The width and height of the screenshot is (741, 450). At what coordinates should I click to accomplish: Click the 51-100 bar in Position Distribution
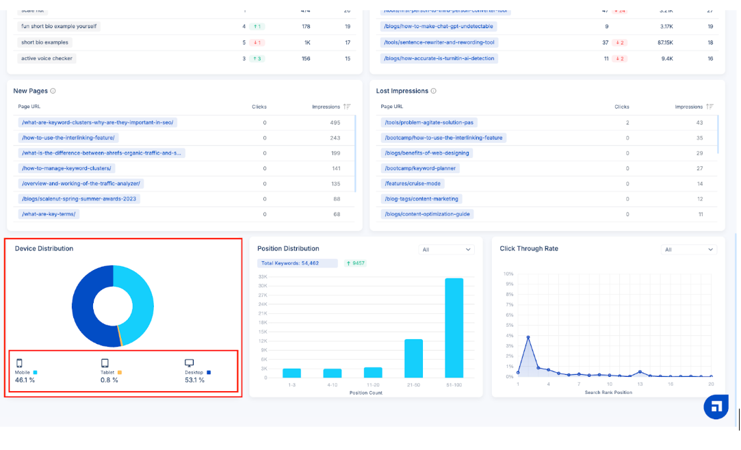(x=454, y=328)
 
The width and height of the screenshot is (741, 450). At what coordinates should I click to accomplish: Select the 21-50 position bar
(x=413, y=358)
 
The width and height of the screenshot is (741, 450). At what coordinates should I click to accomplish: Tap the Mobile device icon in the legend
(x=19, y=363)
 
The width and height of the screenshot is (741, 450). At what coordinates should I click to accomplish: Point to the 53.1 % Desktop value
(x=195, y=380)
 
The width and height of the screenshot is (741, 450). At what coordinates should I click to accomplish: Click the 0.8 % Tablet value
(x=109, y=380)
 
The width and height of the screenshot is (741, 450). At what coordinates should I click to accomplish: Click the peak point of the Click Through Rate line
(x=528, y=337)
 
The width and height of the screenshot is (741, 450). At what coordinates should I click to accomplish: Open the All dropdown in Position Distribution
(x=447, y=250)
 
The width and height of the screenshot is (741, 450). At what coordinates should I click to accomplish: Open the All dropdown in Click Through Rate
(x=688, y=250)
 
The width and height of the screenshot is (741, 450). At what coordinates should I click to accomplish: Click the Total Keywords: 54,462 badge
(x=298, y=263)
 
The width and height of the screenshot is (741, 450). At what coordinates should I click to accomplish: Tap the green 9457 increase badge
(x=356, y=263)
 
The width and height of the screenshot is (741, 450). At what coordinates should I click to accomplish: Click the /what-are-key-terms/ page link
(x=49, y=214)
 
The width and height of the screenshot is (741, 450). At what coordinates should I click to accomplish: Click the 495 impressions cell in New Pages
(x=335, y=122)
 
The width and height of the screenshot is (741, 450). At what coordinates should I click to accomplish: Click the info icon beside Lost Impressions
(x=434, y=91)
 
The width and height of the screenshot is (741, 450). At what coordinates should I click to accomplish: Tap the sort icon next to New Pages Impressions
(x=347, y=107)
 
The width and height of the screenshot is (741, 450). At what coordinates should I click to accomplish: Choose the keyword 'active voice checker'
(x=47, y=58)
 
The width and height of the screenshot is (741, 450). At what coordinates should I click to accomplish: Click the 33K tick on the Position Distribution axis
(x=263, y=276)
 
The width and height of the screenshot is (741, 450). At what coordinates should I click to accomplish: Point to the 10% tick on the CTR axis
(x=508, y=274)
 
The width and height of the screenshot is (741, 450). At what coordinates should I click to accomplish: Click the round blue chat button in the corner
(x=716, y=406)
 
